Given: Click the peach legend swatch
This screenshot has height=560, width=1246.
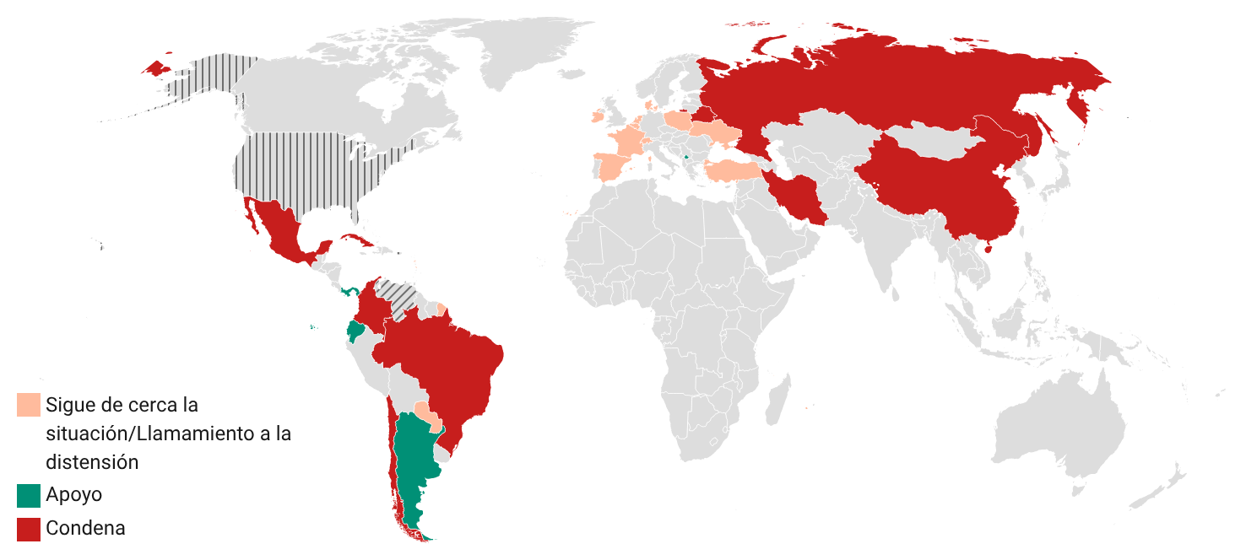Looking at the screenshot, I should (29, 404).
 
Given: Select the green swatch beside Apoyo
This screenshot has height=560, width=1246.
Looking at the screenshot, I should (29, 495).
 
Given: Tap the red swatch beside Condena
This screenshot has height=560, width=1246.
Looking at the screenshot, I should (29, 529).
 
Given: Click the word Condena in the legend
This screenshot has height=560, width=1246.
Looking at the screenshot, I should (85, 529).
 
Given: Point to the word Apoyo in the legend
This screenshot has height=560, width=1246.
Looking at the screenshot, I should (73, 495).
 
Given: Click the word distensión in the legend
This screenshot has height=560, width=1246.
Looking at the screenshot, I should (92, 462).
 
